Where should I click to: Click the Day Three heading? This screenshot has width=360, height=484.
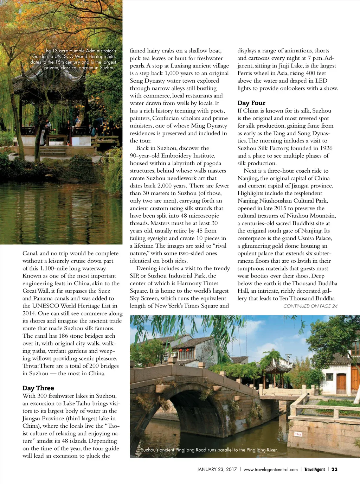click(38, 388)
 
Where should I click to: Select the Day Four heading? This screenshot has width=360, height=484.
click(251, 103)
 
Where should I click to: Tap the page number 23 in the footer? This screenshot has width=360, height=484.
click(334, 469)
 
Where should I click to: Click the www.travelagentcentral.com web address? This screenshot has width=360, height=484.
click(270, 469)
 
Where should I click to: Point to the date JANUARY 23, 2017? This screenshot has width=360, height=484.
click(217, 469)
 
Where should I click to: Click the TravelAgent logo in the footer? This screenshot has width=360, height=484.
click(315, 469)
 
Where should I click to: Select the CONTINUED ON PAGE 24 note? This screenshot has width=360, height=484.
click(310, 306)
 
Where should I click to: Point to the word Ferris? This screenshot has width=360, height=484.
click(245, 73)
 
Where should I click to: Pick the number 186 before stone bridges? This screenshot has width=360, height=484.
click(63, 336)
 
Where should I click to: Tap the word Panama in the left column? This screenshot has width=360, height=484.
click(45, 298)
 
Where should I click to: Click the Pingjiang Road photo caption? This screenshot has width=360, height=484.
click(209, 450)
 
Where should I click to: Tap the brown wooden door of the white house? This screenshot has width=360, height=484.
click(341, 383)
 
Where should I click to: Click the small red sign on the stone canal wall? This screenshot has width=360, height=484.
click(298, 434)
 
